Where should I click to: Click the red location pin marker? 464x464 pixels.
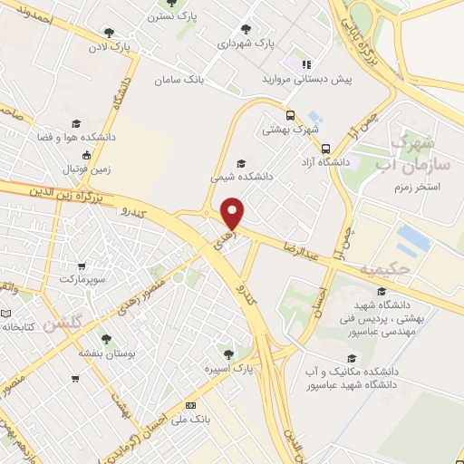(233, 214)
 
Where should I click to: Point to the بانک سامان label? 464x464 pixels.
(181, 81)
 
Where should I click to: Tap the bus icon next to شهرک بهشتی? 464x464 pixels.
(290, 115)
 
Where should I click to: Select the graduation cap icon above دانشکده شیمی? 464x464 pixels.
(239, 162)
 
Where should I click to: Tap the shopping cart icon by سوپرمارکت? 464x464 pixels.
(82, 267)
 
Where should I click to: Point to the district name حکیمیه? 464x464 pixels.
(385, 269)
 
